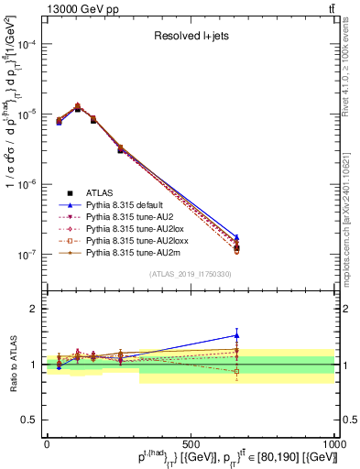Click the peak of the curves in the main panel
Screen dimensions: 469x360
[x=77, y=106]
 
